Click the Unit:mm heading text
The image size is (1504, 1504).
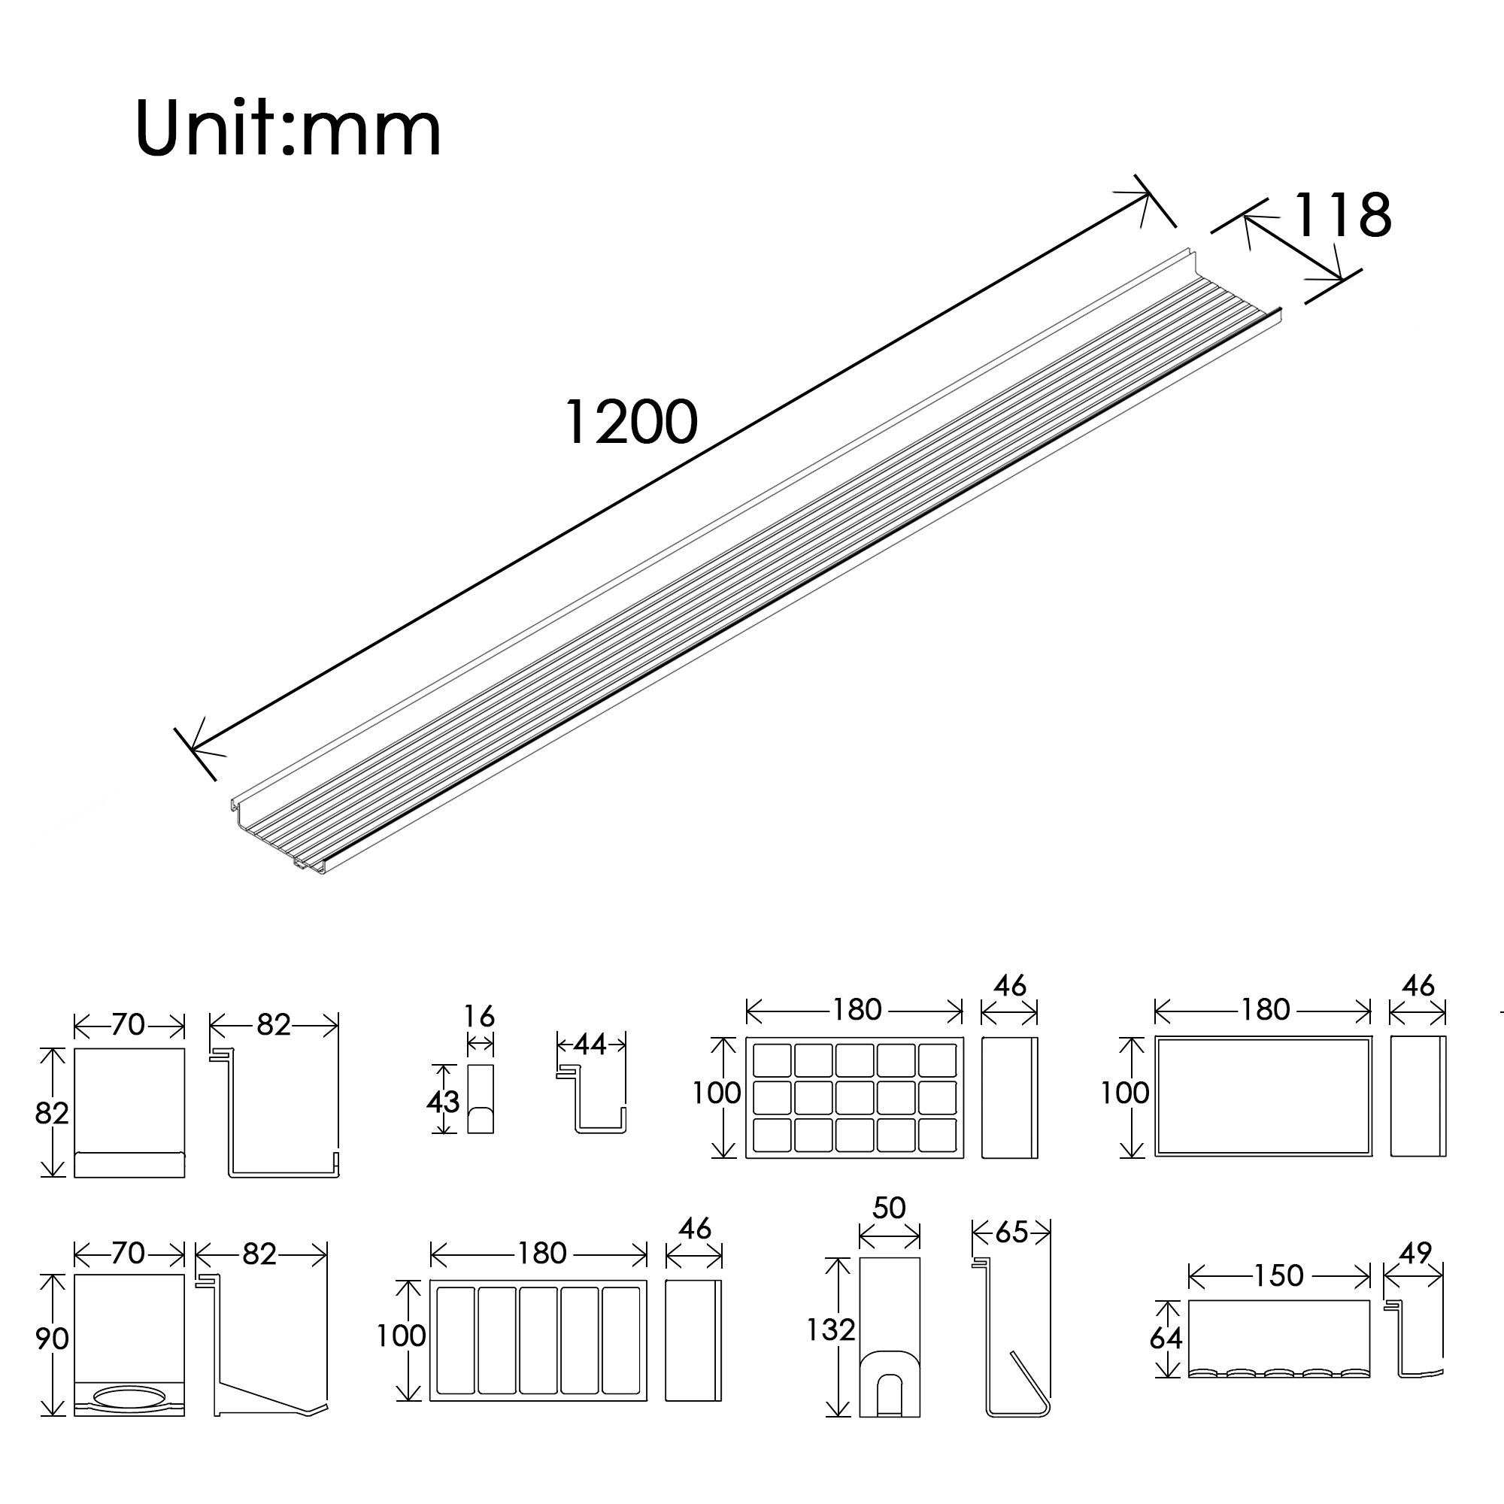[288, 129]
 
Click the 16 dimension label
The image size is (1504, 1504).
[480, 1016]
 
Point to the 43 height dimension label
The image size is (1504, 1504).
[442, 1102]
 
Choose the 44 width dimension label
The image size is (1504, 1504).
[590, 1045]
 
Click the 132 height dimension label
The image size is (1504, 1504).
[831, 1330]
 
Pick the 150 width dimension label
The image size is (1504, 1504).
[1278, 1275]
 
